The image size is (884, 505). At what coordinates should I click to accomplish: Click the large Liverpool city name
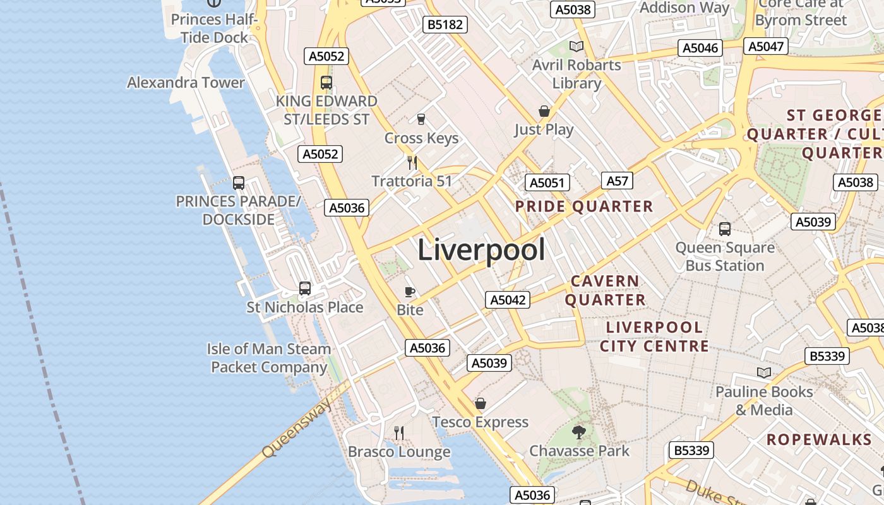pyautogui.click(x=481, y=250)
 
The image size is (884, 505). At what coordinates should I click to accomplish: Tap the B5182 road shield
pyautogui.click(x=446, y=25)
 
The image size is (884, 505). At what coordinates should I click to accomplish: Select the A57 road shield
pyautogui.click(x=617, y=181)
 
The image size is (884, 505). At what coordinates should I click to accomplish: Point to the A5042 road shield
pyautogui.click(x=508, y=300)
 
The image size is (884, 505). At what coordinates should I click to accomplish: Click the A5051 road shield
pyautogui.click(x=547, y=183)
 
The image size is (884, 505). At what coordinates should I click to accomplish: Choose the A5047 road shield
pyautogui.click(x=766, y=45)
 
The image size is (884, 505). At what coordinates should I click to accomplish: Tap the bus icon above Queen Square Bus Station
pyautogui.click(x=725, y=229)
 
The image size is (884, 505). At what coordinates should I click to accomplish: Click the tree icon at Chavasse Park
pyautogui.click(x=578, y=432)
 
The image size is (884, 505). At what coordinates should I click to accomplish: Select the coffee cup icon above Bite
pyautogui.click(x=409, y=292)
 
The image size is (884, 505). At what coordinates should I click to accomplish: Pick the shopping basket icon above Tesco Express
pyautogui.click(x=481, y=403)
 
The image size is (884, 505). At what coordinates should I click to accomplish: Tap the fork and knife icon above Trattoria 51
pyautogui.click(x=412, y=163)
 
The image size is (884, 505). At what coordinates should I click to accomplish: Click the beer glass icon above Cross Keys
pyautogui.click(x=421, y=119)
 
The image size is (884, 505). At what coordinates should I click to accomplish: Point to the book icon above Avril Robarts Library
pyautogui.click(x=576, y=46)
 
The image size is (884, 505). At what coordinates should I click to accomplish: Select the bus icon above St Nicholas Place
pyautogui.click(x=305, y=288)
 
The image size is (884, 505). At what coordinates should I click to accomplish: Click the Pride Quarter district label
pyautogui.click(x=584, y=206)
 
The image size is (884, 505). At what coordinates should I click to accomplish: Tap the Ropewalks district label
pyautogui.click(x=818, y=439)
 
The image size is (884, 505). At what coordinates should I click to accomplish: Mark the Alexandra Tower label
pyautogui.click(x=186, y=83)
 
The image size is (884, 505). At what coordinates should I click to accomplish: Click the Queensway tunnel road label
pyautogui.click(x=297, y=429)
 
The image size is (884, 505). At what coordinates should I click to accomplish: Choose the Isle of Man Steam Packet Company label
pyautogui.click(x=269, y=358)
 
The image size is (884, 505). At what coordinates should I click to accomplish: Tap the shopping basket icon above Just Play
pyautogui.click(x=544, y=112)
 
